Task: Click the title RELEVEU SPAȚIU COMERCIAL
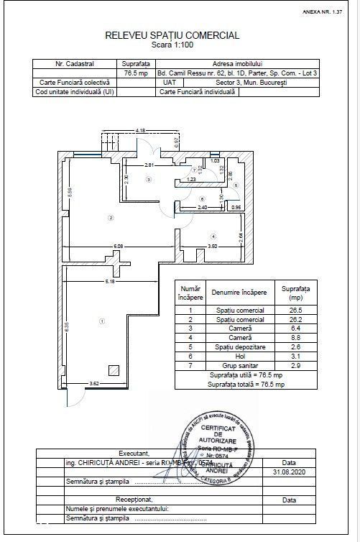click(x=172, y=35)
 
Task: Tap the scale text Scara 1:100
click(x=172, y=44)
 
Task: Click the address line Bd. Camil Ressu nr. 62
click(x=240, y=73)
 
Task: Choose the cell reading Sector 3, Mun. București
click(x=240, y=82)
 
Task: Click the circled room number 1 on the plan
click(x=102, y=321)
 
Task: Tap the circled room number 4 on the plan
click(x=213, y=236)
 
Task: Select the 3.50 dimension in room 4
click(x=212, y=247)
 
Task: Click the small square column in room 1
click(x=114, y=369)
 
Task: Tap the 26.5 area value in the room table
click(x=296, y=308)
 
